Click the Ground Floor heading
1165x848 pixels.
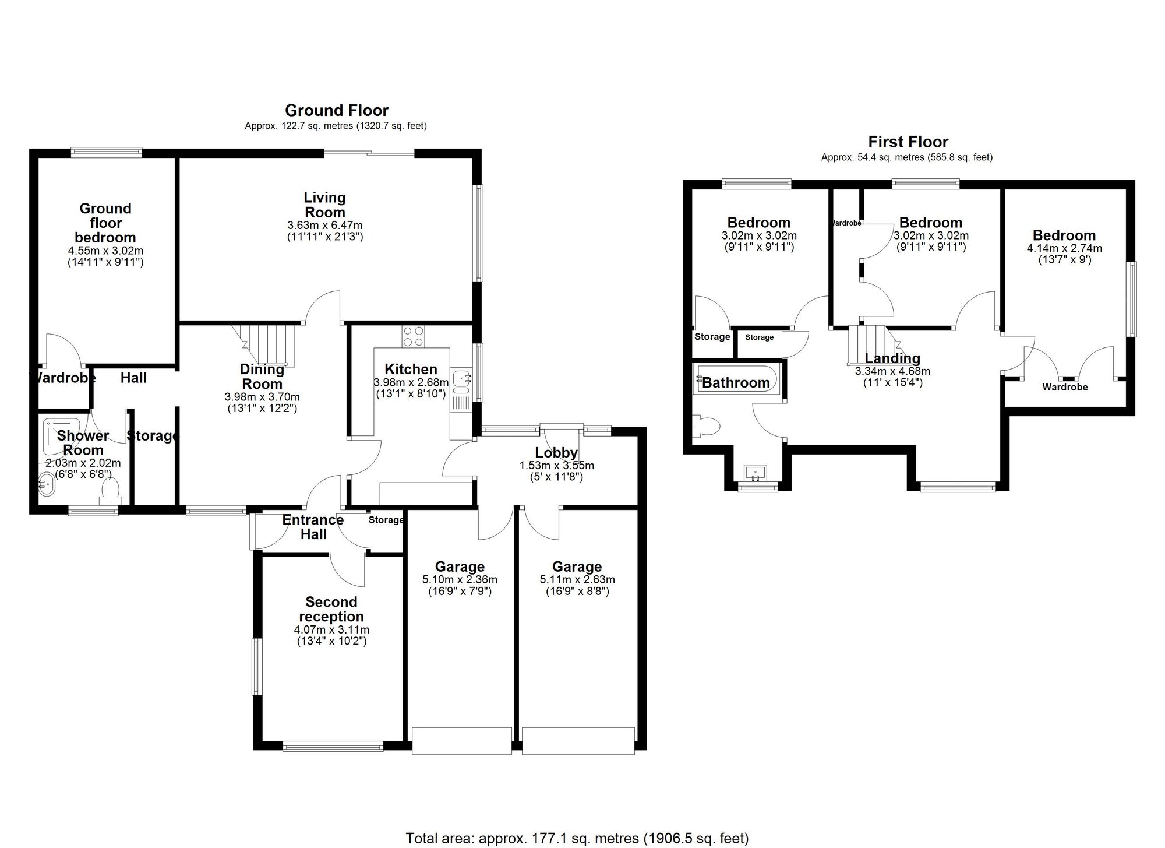[x=336, y=110]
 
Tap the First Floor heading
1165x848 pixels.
[x=908, y=142]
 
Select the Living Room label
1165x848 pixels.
[x=324, y=205]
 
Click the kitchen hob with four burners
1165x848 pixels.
[x=413, y=336]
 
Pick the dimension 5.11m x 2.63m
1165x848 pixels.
[x=577, y=580]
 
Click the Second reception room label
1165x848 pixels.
[x=331, y=609]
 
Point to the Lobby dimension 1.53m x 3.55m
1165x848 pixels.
[x=556, y=466]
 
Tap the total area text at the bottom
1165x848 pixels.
[x=577, y=838]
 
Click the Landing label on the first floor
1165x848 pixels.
[x=892, y=358]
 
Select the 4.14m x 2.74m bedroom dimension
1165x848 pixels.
[x=1064, y=248]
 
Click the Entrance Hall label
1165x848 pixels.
[x=313, y=527]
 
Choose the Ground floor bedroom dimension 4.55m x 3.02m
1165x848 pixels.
[x=105, y=251]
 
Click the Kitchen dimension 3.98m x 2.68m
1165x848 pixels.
[x=411, y=383]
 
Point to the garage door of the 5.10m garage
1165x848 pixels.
[x=461, y=740]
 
